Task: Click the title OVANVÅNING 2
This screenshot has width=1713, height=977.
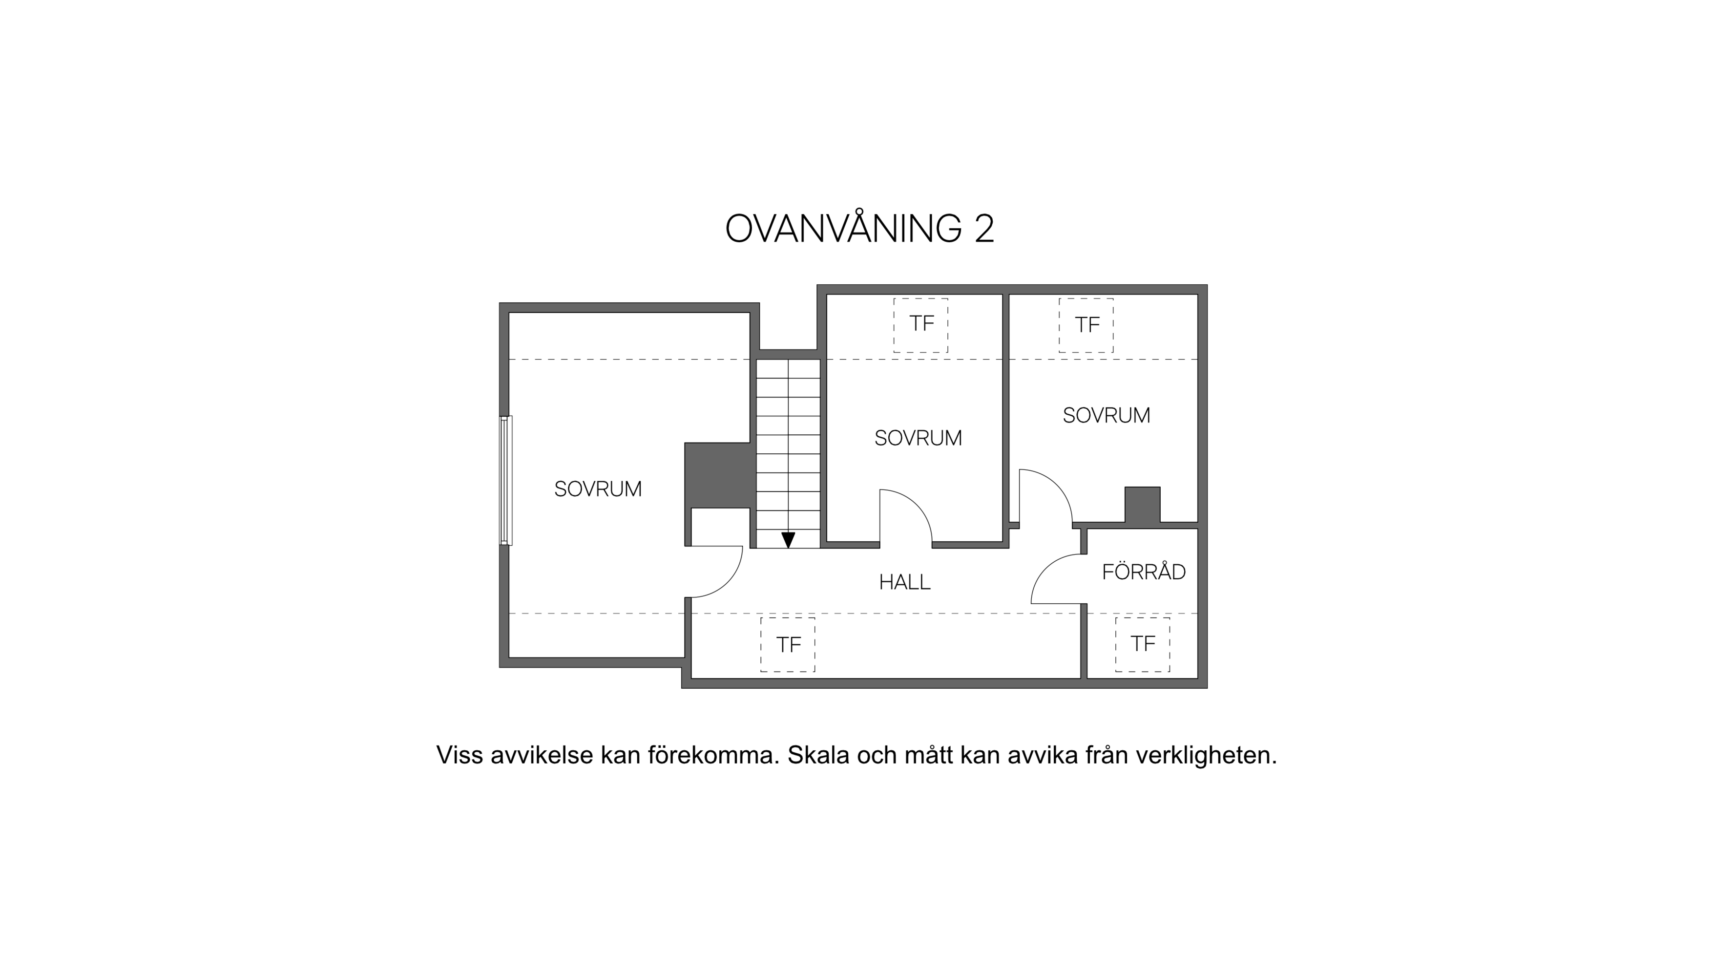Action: coord(859,228)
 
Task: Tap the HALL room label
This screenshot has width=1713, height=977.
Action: coord(905,582)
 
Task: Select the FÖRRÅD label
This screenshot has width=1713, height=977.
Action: coord(1144,572)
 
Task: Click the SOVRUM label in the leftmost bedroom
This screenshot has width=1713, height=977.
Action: coord(598,489)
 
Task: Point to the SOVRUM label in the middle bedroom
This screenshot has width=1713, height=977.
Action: coord(918,438)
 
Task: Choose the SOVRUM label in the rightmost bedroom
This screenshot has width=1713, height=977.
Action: coord(1106,415)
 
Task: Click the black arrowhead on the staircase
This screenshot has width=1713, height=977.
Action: coord(788,539)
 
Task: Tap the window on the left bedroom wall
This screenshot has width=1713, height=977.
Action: coord(506,481)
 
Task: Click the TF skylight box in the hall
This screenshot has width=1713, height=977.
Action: coord(788,644)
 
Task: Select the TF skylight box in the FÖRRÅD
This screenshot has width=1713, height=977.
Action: coord(1143,644)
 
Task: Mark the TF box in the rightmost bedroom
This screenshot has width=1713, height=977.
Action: coord(1086,325)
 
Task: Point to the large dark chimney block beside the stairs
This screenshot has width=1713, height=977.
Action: coord(717,475)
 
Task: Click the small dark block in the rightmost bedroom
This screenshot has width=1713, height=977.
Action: coord(1142,505)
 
